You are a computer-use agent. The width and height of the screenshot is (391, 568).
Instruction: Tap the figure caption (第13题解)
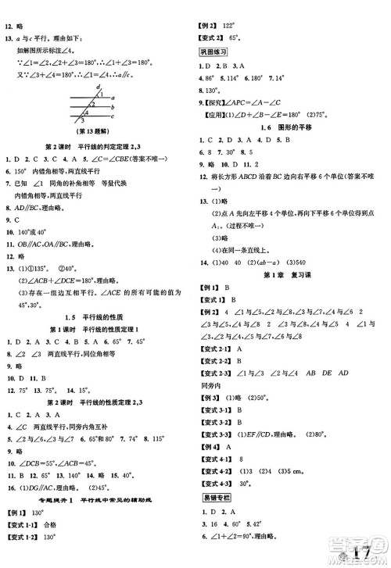tap(97, 134)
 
